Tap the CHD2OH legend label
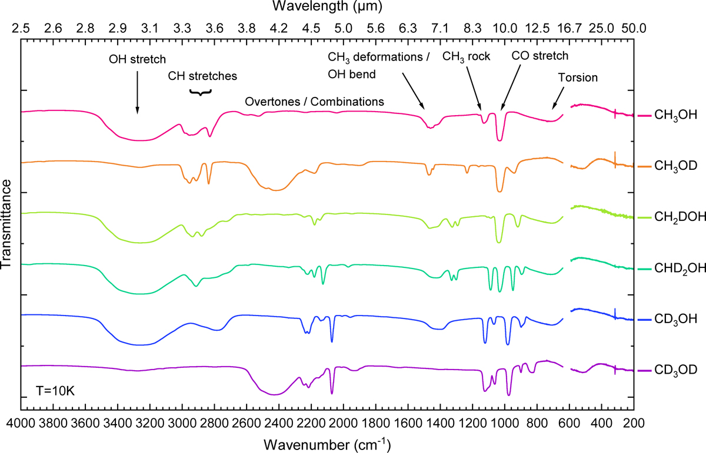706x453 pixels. pyautogui.click(x=677, y=269)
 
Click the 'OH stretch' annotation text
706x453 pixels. pyautogui.click(x=138, y=59)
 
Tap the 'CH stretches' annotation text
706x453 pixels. pyautogui.click(x=202, y=76)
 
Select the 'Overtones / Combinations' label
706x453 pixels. pyautogui.click(x=314, y=102)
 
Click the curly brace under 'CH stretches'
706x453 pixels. pyautogui.click(x=200, y=92)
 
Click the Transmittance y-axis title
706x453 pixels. pyautogui.click(x=8, y=226)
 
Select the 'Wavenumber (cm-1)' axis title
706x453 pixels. pyautogui.click(x=327, y=441)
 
